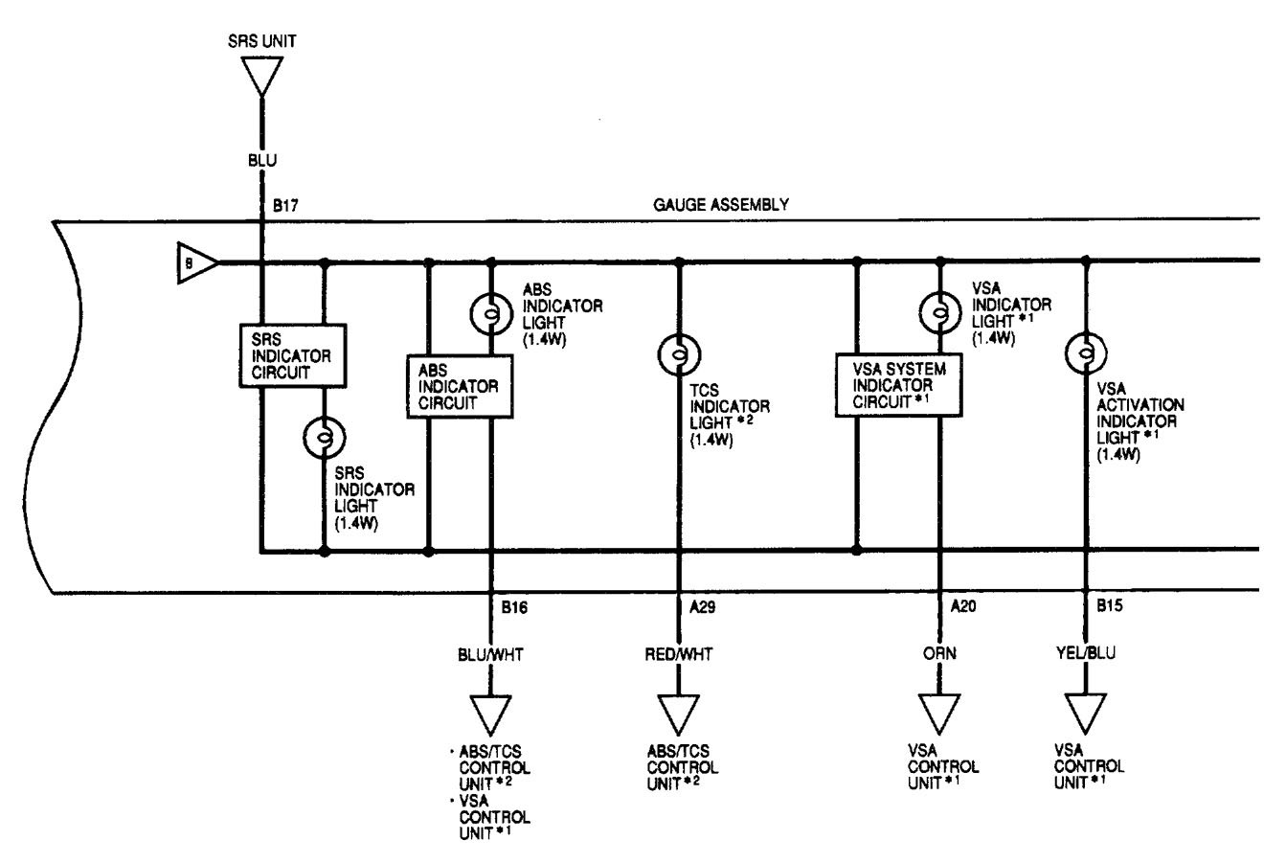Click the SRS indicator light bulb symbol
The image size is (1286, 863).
(326, 439)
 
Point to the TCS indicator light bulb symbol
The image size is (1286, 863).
(679, 355)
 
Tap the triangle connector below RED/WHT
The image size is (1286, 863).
(679, 714)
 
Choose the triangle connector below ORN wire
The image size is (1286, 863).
(940, 714)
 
